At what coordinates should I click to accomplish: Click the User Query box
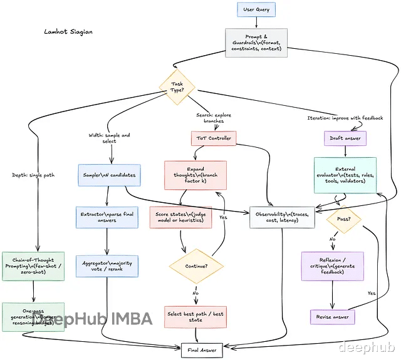pos(256,10)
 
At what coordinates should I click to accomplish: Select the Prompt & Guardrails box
pos(256,43)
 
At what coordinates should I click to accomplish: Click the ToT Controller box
pos(213,138)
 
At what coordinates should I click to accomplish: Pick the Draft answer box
pos(344,138)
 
